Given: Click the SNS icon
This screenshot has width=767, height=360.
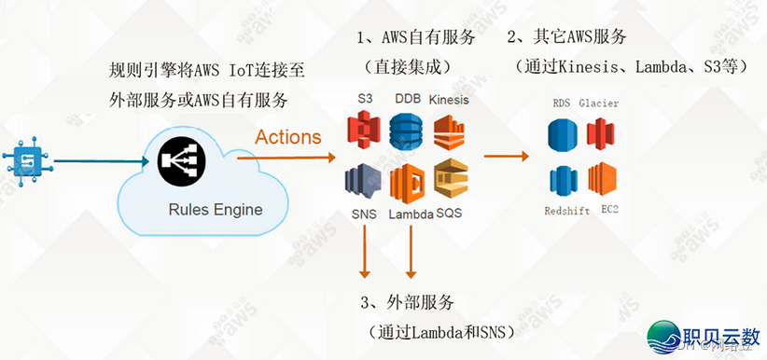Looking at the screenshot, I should [x=363, y=181].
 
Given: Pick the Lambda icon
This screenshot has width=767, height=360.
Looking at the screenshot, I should [x=408, y=183].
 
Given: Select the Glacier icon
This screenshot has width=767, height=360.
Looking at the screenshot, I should [x=600, y=134].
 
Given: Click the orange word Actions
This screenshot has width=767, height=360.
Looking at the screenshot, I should [x=288, y=137].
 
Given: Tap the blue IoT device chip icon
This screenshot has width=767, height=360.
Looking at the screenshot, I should [x=29, y=160].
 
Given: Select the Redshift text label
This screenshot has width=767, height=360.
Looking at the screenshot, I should [x=566, y=211].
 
